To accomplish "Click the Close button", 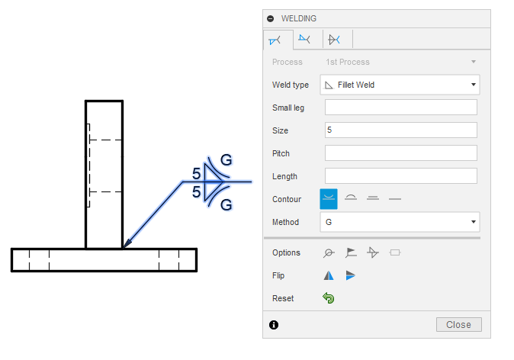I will [458, 325].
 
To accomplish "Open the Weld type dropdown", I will [400, 85].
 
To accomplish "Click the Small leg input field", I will [400, 108].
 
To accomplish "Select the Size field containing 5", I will [400, 130].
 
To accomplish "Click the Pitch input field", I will [400, 153].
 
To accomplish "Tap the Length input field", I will [400, 176].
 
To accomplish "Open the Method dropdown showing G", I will [400, 222].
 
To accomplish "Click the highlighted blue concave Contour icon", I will [329, 199].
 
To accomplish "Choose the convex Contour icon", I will [351, 199].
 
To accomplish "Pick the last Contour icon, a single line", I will [394, 199].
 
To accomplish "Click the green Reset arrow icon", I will [329, 298].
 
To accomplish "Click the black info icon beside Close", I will [274, 325].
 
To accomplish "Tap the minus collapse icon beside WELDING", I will [271, 18].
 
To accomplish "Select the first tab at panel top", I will [276, 40].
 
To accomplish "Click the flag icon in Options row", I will [351, 252].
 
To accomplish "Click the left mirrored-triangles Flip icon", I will [329, 275].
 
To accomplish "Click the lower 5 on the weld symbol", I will [197, 193].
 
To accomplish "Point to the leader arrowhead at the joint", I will [127, 243].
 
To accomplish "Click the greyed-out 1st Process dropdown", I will [400, 62].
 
